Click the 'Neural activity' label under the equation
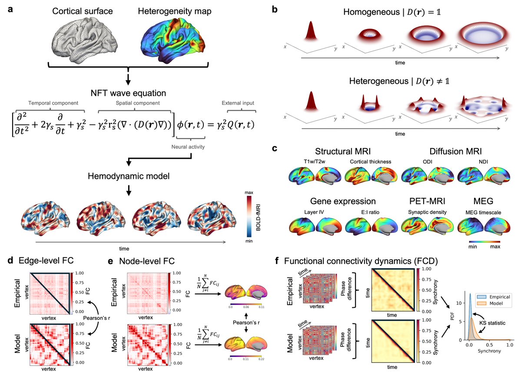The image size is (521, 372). pyautogui.click(x=188, y=147)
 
